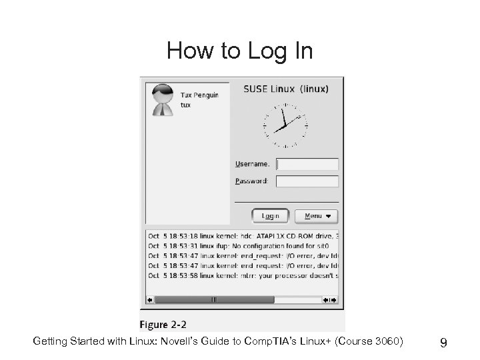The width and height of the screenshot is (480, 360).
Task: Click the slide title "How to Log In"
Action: tap(239, 51)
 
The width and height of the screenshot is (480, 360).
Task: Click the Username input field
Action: tap(307, 164)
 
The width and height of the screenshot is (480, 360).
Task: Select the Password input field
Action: tap(307, 181)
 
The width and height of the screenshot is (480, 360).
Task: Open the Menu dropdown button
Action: tap(321, 216)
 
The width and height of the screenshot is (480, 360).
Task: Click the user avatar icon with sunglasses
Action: tap(161, 99)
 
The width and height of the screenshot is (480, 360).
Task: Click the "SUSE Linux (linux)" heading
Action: tap(285, 89)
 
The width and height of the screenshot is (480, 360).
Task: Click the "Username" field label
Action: tap(252, 164)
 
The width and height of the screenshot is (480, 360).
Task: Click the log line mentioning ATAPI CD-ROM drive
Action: tap(243, 235)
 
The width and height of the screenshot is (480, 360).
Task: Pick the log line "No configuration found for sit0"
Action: tap(243, 245)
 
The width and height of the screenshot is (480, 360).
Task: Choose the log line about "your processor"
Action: tap(243, 275)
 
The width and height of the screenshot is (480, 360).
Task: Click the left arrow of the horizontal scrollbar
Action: tap(149, 299)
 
